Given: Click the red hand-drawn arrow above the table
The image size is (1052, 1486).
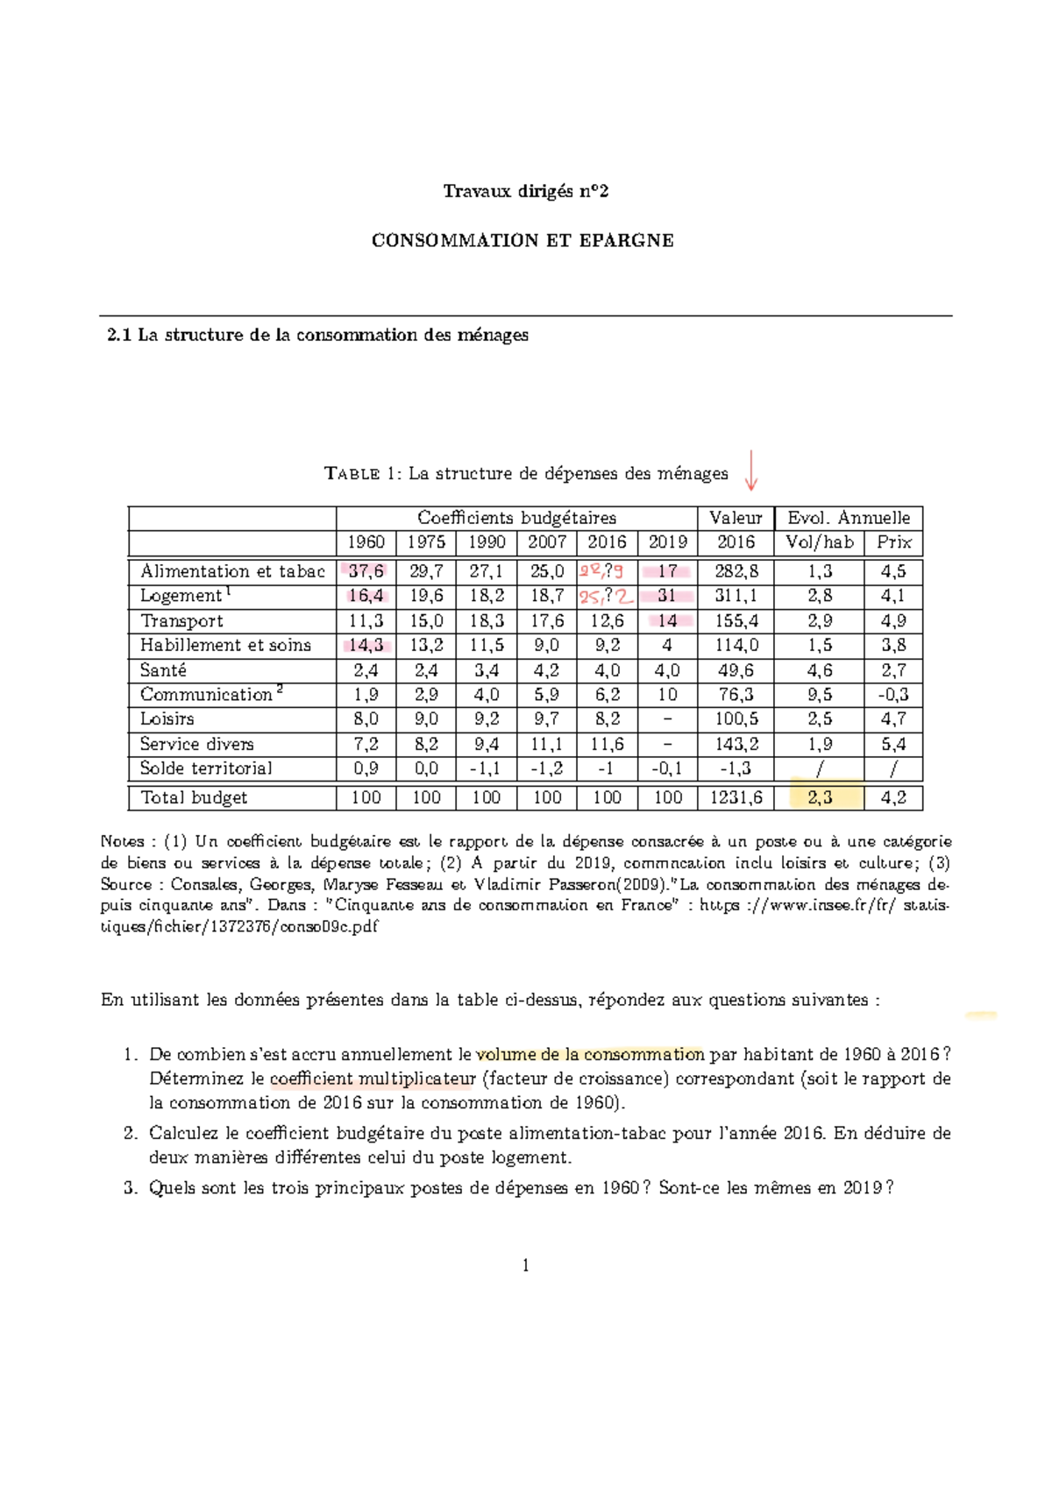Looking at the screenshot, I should [x=750, y=471].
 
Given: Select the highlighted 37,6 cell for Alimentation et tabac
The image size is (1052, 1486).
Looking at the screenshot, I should [x=366, y=571].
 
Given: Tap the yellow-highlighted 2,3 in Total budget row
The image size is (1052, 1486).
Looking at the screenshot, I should [x=820, y=797].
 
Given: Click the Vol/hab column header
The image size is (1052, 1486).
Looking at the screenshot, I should [x=820, y=542].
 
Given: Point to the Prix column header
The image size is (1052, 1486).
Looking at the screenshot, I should [x=893, y=542].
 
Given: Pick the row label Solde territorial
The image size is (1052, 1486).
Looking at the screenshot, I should [x=206, y=768].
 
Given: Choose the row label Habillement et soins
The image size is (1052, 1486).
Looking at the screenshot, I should [x=225, y=646].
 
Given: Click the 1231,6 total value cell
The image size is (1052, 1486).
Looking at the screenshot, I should [x=736, y=797].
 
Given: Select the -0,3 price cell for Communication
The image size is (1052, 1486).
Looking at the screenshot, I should [x=893, y=695].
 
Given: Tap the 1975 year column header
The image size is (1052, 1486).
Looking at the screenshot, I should [x=426, y=542].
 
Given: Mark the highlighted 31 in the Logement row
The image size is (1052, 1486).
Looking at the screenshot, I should [x=667, y=596].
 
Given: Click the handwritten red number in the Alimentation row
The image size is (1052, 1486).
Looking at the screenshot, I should [x=601, y=572].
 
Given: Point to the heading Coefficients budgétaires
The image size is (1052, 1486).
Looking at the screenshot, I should [x=516, y=518].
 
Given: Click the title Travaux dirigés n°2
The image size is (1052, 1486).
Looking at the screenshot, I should [x=525, y=191].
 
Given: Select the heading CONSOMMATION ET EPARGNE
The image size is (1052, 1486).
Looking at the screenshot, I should [x=522, y=241].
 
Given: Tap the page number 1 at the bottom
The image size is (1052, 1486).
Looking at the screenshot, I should [x=525, y=1265].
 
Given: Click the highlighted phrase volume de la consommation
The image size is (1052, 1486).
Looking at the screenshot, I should [x=590, y=1054].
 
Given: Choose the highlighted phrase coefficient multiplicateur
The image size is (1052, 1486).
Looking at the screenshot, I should [x=373, y=1079].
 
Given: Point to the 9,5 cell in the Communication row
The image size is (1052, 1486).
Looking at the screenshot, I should [x=820, y=695].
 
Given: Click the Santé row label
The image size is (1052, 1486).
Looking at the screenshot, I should [x=163, y=670].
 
